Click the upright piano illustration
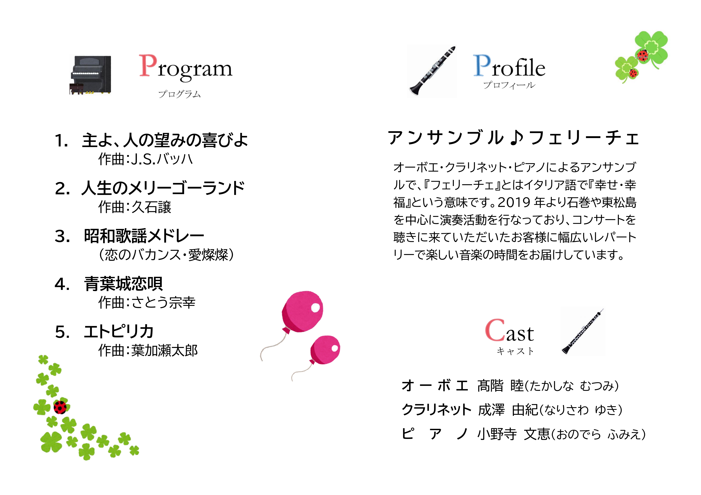coord(90,75)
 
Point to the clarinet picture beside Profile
coord(432,71)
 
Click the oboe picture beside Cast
coord(583,332)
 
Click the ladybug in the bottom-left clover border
coord(60,407)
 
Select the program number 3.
coord(62,236)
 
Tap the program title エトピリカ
coord(119,332)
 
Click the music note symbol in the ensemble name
coord(516,137)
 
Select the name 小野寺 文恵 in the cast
coord(514,434)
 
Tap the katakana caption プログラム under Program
coord(180,94)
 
